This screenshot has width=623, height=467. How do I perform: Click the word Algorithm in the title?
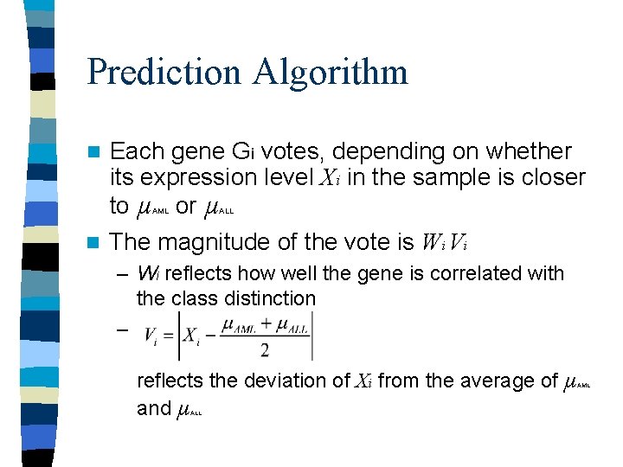point(331,73)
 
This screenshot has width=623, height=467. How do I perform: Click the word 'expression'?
point(200,178)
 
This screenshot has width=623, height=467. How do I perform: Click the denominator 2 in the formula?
point(264,350)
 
